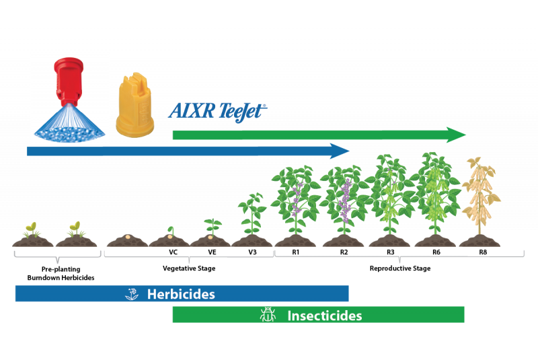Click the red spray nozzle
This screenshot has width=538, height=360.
point(69,81)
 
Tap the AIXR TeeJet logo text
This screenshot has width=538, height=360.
point(217,111)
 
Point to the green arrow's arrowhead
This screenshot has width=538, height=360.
point(456,135)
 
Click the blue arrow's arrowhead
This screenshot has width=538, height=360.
point(340,151)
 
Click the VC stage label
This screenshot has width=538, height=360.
point(174,252)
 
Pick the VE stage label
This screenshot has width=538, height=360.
point(212,252)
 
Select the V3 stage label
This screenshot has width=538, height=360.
point(253,252)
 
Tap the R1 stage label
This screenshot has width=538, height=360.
point(296,252)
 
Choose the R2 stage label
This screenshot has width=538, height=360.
point(344,252)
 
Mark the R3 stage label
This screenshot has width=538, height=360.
point(391,252)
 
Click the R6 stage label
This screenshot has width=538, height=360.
point(436,252)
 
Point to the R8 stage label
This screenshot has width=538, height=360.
point(483,252)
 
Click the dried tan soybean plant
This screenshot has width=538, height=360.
point(480,196)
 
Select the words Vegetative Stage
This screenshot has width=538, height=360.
point(189,268)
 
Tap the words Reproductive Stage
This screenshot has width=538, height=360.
point(400,268)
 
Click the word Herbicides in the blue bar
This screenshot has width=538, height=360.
point(181,295)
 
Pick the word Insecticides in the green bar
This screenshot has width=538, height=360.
point(325,316)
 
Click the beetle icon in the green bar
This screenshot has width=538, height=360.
point(268,314)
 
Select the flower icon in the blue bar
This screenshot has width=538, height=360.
point(132,294)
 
